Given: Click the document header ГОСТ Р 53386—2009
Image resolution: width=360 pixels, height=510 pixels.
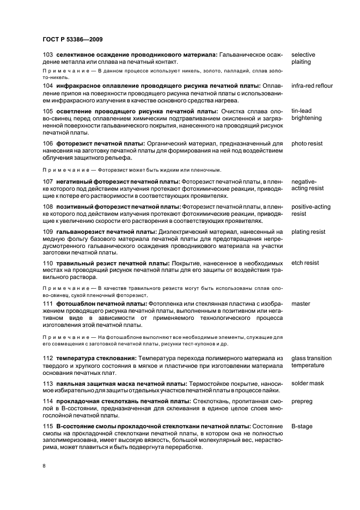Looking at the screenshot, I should click(72, 40).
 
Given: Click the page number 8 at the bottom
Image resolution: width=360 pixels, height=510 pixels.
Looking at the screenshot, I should click(44, 465).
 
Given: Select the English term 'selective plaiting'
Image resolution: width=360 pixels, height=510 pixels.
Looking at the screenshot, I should click(303, 58).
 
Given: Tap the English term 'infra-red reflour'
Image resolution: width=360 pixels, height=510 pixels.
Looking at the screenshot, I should click(312, 86).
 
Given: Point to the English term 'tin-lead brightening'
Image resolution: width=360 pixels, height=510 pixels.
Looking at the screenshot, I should click(307, 114).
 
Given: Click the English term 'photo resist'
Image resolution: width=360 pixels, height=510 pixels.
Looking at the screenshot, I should click(307, 144).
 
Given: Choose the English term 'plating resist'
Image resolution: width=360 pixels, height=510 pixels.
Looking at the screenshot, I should click(308, 232).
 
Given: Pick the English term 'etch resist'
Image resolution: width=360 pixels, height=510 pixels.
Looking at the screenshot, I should click(305, 263).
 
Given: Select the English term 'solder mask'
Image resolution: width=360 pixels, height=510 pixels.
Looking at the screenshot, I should click(307, 384).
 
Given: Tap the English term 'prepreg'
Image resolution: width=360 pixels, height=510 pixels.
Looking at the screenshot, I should click(302, 401).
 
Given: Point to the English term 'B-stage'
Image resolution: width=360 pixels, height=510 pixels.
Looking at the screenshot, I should click(302, 426).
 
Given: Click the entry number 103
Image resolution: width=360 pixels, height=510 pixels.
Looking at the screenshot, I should click(47, 55).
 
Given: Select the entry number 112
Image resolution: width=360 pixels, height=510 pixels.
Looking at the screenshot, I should click(47, 358).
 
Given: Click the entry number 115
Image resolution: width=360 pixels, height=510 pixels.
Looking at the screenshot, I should click(47, 426).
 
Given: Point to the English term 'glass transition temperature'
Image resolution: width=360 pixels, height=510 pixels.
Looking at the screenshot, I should click(311, 362).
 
